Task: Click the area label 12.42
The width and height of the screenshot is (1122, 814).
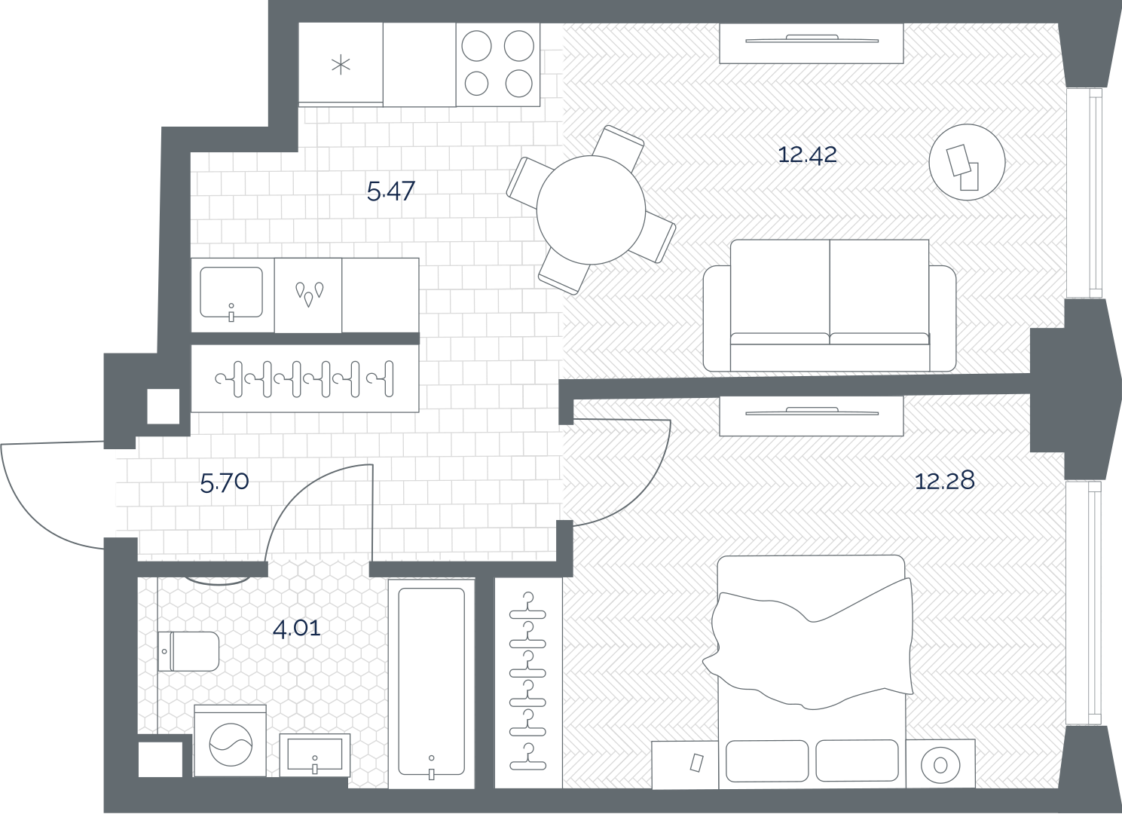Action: click(x=808, y=155)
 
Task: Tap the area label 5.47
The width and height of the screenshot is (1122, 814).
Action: click(x=390, y=191)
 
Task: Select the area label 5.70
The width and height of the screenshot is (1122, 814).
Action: click(x=225, y=482)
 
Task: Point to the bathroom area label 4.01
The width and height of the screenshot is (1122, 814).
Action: click(x=297, y=628)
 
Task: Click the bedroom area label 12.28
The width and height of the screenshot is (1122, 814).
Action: click(x=945, y=481)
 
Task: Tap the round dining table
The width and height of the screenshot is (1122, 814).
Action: click(x=591, y=210)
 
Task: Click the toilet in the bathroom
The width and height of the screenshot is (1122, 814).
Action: click(x=188, y=651)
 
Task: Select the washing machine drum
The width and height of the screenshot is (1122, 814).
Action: click(x=231, y=745)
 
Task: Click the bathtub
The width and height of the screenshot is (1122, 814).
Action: click(x=431, y=684)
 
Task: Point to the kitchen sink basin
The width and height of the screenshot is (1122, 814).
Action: click(x=231, y=292)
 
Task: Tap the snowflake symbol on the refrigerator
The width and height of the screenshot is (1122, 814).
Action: click(x=341, y=65)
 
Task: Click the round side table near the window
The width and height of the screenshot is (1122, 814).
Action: click(x=967, y=162)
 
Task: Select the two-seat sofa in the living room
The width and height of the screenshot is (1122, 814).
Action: click(x=830, y=305)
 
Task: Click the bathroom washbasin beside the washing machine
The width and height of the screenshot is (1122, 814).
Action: click(x=314, y=755)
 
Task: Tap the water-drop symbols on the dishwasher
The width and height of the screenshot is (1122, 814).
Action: click(x=309, y=294)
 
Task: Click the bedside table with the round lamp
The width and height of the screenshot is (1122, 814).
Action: click(x=940, y=764)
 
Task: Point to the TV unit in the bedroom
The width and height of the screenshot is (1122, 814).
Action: click(x=812, y=416)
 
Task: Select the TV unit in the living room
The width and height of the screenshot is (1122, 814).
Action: click(x=812, y=44)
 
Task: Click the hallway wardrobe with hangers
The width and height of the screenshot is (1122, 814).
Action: click(x=304, y=378)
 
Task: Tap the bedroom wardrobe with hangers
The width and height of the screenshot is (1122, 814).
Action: click(x=528, y=683)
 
